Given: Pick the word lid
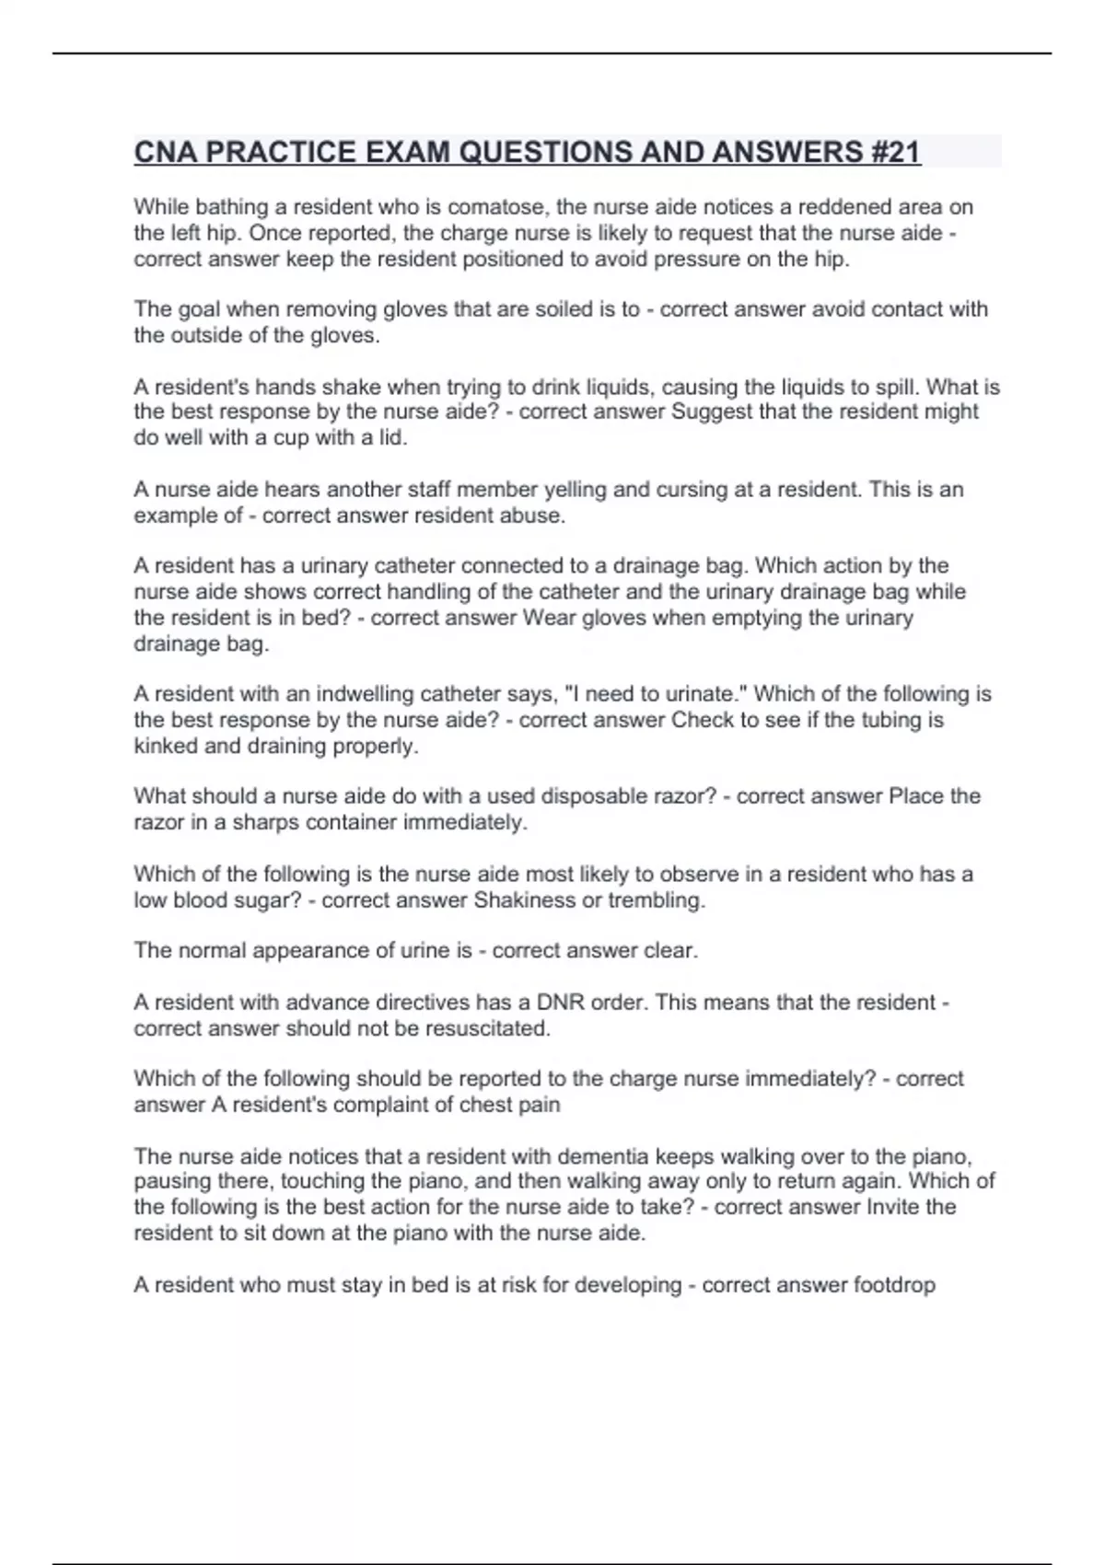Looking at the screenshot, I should coord(391,437).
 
